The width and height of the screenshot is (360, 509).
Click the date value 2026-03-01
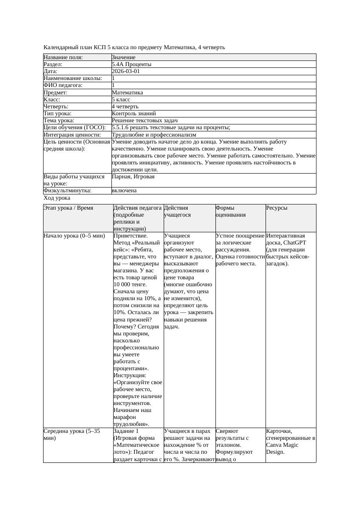[x=126, y=71]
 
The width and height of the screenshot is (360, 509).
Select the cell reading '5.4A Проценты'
[x=131, y=64]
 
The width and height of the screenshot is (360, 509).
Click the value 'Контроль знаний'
[x=134, y=114]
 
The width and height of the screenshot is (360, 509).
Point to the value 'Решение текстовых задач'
[x=145, y=121]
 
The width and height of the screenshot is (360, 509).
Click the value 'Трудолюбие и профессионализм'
[x=154, y=135]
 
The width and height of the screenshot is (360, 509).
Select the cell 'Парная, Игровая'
[x=133, y=177]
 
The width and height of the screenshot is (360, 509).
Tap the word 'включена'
[x=124, y=191]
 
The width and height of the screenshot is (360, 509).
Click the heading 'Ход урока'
[x=57, y=198]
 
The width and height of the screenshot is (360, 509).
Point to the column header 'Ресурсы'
[x=276, y=208]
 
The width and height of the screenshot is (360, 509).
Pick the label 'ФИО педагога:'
[x=63, y=85]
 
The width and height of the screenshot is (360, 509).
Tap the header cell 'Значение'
[x=124, y=57]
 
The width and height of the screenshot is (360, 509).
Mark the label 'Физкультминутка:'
[x=67, y=191]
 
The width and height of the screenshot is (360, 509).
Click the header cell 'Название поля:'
[x=63, y=57]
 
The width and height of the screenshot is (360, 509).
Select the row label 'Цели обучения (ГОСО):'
[x=74, y=127]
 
